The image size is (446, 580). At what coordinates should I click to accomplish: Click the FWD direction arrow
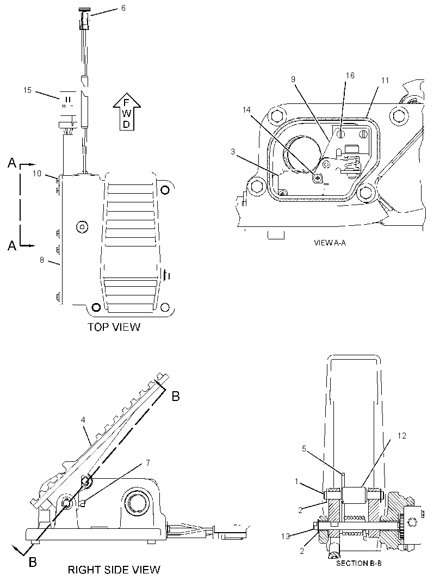click(x=127, y=112)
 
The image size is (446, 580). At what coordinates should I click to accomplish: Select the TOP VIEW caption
click(x=114, y=327)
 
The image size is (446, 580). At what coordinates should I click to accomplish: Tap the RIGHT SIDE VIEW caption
click(x=114, y=570)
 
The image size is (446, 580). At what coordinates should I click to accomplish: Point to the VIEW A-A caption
click(x=330, y=243)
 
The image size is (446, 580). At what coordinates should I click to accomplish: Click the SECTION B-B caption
click(x=359, y=563)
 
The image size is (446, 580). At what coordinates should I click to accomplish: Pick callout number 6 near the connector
click(x=123, y=8)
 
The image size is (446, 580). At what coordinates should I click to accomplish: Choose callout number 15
click(x=27, y=90)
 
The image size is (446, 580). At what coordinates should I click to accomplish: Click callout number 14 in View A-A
click(x=246, y=110)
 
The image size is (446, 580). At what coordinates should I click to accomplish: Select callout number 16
click(x=350, y=76)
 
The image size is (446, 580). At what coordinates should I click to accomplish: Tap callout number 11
click(x=385, y=81)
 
